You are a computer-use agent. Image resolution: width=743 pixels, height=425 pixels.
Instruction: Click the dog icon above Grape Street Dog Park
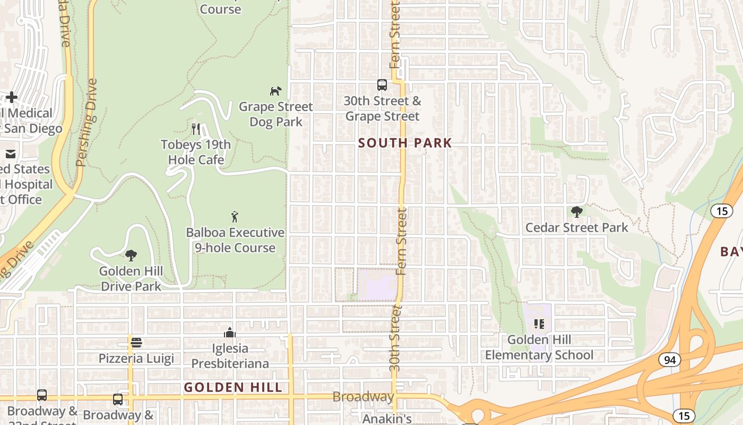(275, 91)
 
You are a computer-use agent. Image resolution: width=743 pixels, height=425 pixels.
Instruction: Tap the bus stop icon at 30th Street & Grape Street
(382, 84)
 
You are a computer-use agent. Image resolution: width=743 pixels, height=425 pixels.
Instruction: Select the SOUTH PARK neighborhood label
(405, 143)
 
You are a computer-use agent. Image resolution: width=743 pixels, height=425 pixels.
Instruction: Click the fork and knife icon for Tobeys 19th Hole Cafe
(196, 129)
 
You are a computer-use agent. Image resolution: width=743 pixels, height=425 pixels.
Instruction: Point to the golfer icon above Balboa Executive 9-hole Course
(235, 217)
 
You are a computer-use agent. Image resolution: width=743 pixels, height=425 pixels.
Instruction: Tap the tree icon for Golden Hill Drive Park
(131, 256)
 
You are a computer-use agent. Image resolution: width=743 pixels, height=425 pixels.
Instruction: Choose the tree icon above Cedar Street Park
(576, 212)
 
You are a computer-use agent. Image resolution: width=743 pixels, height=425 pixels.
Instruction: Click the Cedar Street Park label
(576, 228)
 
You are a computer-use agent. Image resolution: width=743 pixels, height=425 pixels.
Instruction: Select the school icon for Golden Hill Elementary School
(539, 324)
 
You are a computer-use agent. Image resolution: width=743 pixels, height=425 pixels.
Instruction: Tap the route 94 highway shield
(670, 360)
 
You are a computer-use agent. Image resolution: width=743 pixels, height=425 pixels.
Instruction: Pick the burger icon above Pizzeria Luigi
(136, 343)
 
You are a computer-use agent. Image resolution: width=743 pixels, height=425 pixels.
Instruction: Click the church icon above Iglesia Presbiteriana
(230, 333)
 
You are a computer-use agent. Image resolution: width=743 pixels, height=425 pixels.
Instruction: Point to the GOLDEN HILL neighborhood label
(233, 388)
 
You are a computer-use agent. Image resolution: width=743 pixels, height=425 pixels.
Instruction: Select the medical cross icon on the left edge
(12, 97)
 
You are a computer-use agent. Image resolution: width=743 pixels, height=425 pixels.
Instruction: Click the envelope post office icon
(11, 154)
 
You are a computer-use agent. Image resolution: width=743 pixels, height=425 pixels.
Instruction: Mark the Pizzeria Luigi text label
(136, 359)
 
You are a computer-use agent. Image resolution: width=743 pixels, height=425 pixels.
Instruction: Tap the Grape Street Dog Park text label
(276, 114)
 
